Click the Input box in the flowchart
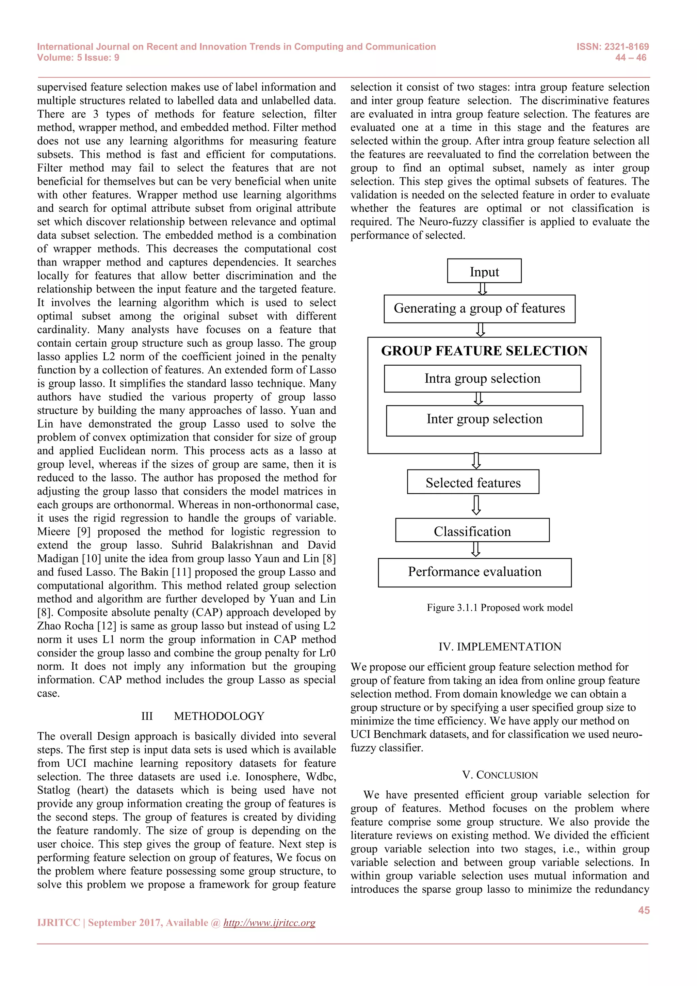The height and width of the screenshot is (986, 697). (484, 271)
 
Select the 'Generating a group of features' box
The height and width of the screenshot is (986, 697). (480, 308)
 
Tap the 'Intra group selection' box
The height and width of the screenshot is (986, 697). (482, 378)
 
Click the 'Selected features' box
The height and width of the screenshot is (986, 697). (473, 482)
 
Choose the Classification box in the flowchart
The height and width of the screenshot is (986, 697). (472, 530)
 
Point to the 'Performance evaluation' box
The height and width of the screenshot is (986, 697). (475, 572)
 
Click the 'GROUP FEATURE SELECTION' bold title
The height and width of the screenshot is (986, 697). (484, 351)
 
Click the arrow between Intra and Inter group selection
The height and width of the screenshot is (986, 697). (479, 399)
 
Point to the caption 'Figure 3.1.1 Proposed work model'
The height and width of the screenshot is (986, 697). (500, 608)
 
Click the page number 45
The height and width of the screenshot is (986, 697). (643, 910)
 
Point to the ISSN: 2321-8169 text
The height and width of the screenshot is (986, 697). (613, 47)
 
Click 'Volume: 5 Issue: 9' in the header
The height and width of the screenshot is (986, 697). (78, 58)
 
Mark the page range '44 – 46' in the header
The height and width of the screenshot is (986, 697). (631, 58)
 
